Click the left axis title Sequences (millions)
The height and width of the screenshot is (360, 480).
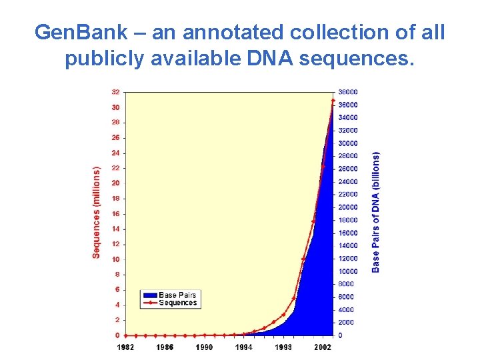tap(97, 213)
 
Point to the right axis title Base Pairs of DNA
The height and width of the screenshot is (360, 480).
tap(376, 212)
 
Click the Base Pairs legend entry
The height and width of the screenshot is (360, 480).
tap(177, 295)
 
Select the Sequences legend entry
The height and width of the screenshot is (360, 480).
tap(178, 303)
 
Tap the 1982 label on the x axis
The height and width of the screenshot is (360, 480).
tap(125, 347)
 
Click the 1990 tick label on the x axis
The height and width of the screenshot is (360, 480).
tap(204, 347)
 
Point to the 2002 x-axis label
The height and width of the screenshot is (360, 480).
tap(323, 347)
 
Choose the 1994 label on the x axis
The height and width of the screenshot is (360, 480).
tap(243, 347)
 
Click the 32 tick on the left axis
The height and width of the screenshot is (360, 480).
tap(115, 92)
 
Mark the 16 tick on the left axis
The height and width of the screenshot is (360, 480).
tap(115, 214)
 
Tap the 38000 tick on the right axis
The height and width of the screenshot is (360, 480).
tap(348, 92)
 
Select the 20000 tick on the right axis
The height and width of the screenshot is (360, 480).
tap(348, 207)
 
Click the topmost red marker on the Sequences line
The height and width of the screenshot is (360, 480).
tap(333, 101)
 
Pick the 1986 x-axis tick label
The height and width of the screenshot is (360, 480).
tap(165, 347)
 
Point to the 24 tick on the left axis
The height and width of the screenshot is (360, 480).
tap(115, 153)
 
